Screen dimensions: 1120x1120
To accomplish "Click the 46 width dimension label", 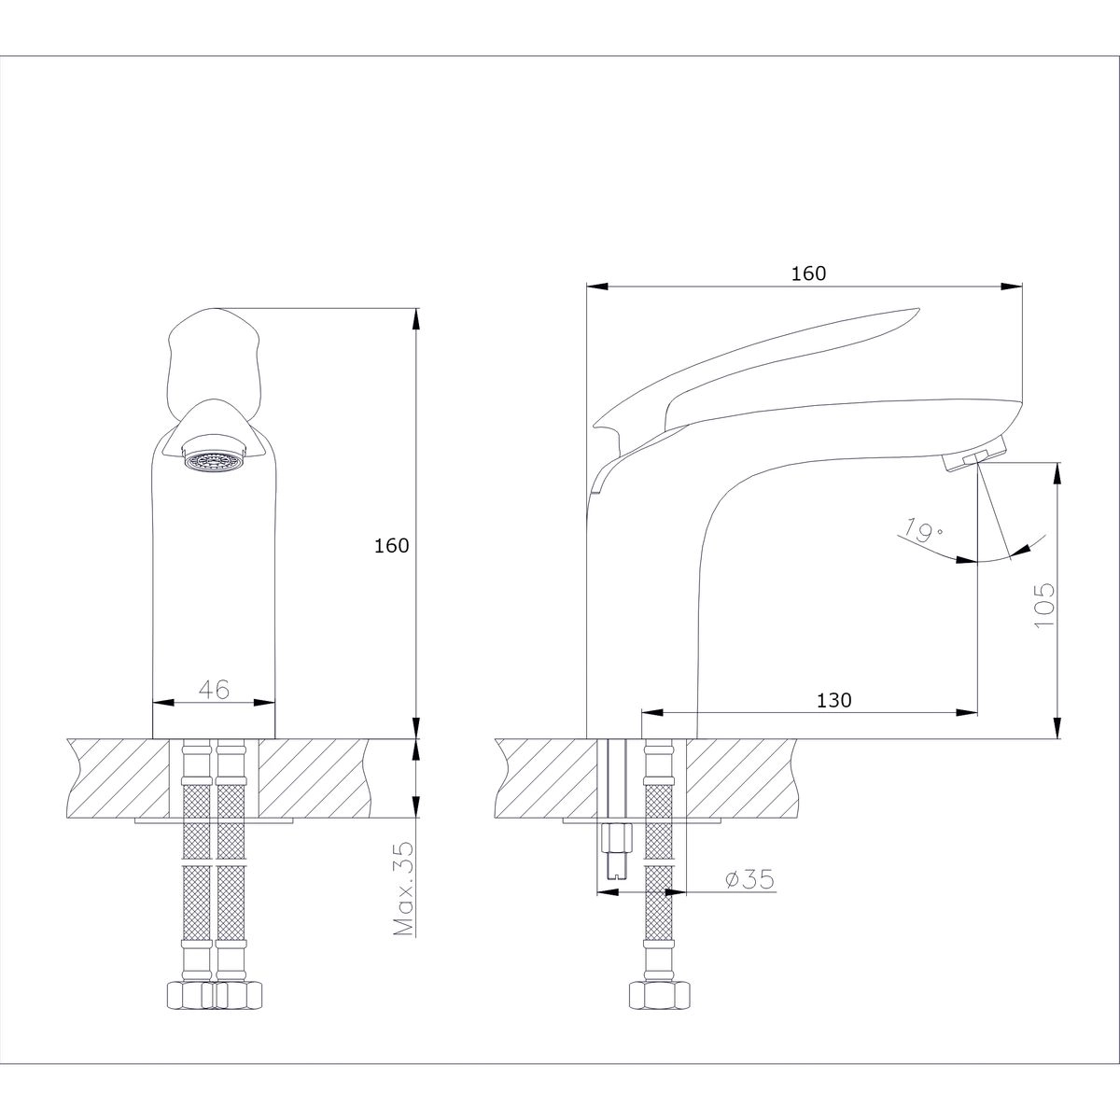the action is click(x=215, y=690).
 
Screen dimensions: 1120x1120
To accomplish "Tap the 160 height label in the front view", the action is click(x=392, y=546).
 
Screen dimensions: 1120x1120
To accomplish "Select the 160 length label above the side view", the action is click(x=808, y=273).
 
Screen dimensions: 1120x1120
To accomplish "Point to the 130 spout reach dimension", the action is click(x=834, y=700).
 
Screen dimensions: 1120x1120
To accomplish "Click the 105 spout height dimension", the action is click(x=1044, y=605).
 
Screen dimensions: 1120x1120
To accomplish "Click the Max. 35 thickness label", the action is click(x=404, y=889).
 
